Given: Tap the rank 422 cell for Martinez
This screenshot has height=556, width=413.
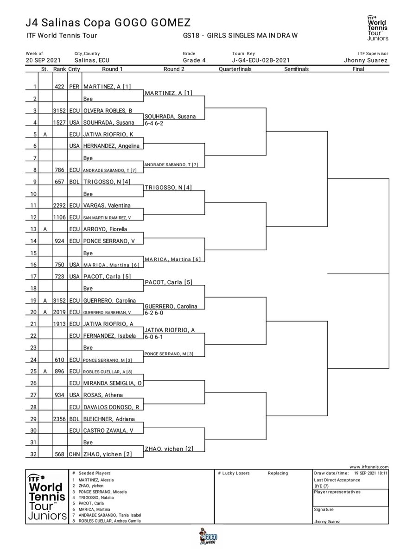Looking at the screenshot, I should (59, 87).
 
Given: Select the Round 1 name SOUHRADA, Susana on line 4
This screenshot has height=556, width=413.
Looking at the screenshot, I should (109, 122).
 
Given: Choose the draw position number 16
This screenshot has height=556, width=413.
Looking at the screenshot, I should (33, 265).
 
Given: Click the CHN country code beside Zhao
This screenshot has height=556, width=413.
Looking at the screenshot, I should (74, 454).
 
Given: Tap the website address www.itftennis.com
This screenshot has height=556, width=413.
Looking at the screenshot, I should (369, 467).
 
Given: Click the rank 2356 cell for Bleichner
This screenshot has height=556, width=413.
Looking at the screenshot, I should (59, 419).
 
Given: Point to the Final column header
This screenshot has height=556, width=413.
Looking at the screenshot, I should (358, 69).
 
